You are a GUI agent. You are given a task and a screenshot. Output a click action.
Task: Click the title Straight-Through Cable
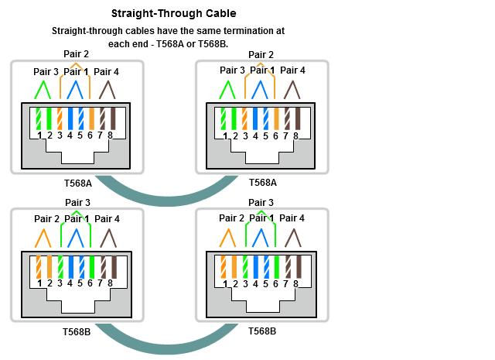pos(173,13)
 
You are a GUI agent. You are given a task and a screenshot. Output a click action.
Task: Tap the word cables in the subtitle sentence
pos(148,31)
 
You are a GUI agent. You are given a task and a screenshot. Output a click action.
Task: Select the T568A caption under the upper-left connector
pos(77,183)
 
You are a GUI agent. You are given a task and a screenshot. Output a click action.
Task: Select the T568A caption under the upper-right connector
pos(263,183)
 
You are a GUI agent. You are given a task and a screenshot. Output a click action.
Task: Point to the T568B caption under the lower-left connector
pos(77,331)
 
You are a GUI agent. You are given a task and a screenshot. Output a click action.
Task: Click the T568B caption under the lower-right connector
pos(262,331)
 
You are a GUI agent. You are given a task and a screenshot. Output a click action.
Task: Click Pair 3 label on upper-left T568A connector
pos(46,71)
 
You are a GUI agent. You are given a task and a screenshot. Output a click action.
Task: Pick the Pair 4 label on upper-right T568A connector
pos(292,70)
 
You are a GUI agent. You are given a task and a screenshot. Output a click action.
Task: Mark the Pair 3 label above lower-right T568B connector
pos(261,203)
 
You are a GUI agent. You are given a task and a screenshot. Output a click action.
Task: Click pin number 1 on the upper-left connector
pos(39,135)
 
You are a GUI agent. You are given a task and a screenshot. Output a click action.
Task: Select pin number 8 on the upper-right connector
pos(295,135)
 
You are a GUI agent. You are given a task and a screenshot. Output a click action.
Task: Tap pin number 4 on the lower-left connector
pos(70,283)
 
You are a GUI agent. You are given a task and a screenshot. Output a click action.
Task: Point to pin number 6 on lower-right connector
pos(275,283)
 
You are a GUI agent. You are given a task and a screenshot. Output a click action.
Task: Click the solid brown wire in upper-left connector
pos(110,118)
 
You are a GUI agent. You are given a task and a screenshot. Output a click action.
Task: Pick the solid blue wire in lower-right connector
pos(255,266)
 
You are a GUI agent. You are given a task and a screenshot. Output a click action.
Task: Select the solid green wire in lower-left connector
pos(90,266)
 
